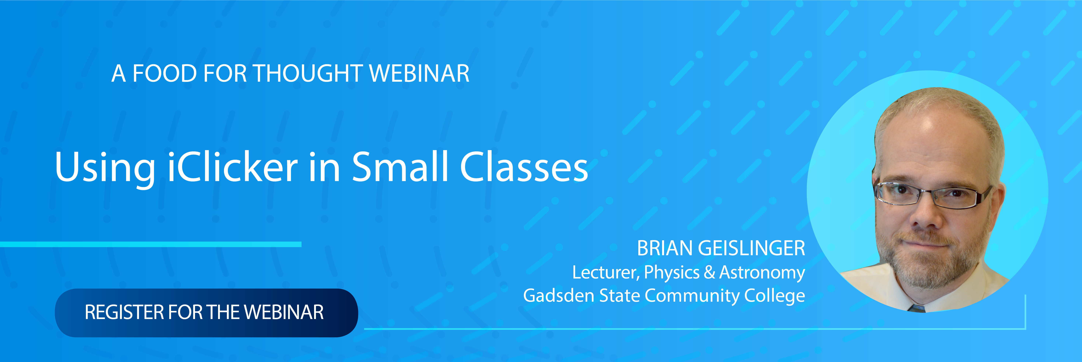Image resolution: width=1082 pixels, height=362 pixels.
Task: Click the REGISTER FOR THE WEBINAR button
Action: tap(206, 312)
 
